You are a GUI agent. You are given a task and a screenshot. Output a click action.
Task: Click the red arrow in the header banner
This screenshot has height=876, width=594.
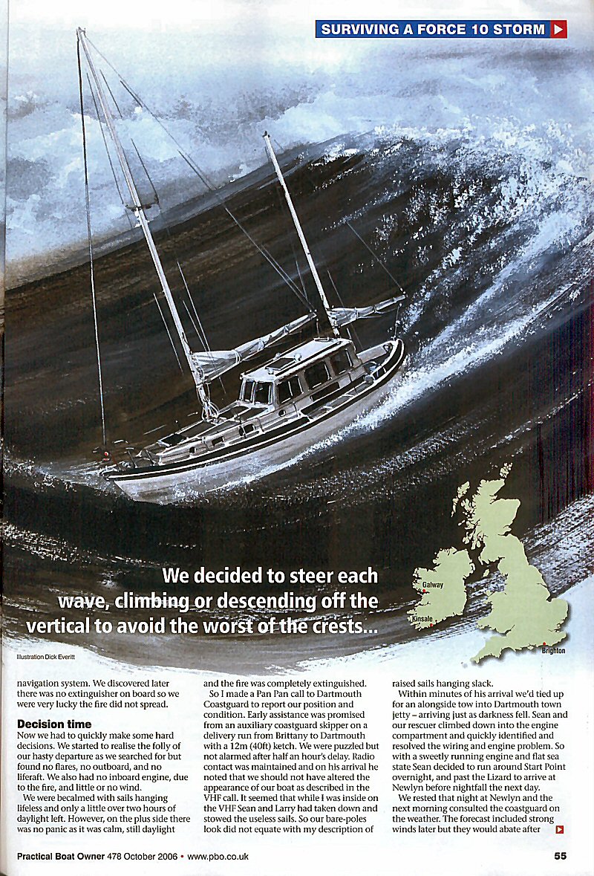coord(559,30)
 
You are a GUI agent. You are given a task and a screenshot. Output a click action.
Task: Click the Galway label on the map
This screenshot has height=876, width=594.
coord(433,585)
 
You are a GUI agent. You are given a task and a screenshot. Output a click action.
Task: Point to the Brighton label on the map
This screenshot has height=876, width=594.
coord(553,651)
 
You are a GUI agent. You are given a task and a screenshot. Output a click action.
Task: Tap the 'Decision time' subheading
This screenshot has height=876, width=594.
coord(54,724)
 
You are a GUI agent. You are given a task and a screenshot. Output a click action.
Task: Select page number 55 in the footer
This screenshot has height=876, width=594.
coord(561,856)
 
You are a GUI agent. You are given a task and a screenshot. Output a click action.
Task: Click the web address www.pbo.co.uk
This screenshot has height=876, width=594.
coord(218,857)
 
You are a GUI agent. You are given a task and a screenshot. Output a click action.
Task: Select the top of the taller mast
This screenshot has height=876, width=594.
coord(80,33)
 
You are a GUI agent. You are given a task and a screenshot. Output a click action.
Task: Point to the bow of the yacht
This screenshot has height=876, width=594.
coord(397,349)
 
